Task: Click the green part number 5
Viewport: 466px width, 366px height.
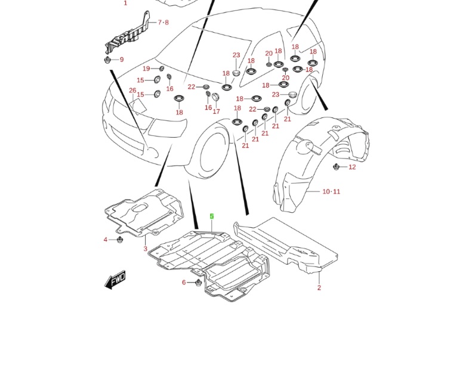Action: [211, 217]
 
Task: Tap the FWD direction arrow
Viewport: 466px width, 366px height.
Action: [116, 279]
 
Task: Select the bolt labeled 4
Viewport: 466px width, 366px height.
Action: [120, 240]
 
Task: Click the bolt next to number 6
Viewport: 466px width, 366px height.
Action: [199, 282]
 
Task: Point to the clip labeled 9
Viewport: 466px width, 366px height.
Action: [107, 60]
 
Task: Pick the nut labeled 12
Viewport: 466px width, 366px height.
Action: [337, 166]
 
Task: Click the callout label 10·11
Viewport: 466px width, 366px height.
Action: [331, 192]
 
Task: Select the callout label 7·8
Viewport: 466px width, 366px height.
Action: [163, 23]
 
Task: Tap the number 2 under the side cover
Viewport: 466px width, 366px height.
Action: [319, 288]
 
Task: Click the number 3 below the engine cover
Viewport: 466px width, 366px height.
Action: [145, 249]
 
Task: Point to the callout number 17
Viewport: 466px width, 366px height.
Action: [216, 111]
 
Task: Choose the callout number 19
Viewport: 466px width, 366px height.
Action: [146, 69]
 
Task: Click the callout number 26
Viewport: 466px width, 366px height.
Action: [132, 91]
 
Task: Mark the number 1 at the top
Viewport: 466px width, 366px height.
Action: [125, 3]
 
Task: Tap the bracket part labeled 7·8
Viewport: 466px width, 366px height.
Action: [128, 36]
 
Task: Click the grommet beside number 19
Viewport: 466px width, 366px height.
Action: [161, 69]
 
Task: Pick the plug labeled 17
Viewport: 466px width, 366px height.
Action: [215, 98]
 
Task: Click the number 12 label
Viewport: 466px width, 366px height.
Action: [352, 167]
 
